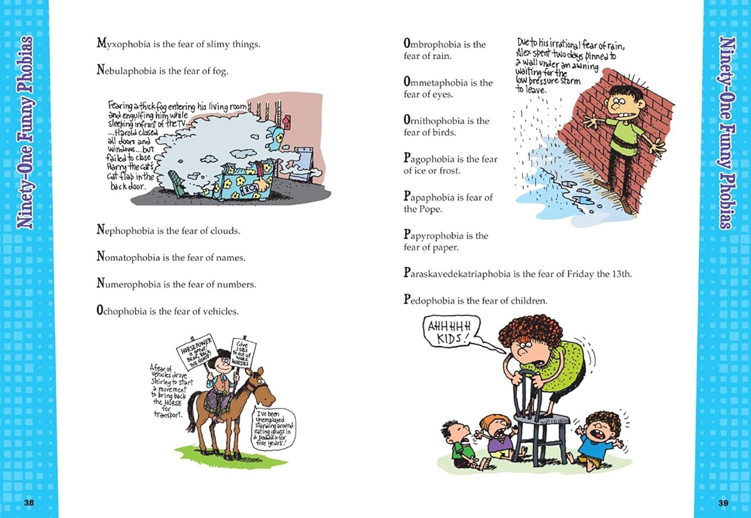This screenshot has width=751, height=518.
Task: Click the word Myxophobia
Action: coord(123,44)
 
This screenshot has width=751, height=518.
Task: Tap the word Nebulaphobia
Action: coord(126,71)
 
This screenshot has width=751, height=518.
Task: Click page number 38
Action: coord(29,502)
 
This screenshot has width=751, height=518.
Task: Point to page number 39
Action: coord(723,502)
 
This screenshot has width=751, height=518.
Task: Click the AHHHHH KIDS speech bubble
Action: coord(450,332)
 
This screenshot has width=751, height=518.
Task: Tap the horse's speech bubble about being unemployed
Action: coord(272,429)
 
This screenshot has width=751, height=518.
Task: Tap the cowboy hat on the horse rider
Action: coord(220,362)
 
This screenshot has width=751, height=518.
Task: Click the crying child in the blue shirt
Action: coord(599,438)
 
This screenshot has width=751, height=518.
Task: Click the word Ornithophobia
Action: coord(434,121)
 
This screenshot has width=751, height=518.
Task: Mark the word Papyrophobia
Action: coord(431,235)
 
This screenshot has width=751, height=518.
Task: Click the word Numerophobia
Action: coord(129,284)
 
